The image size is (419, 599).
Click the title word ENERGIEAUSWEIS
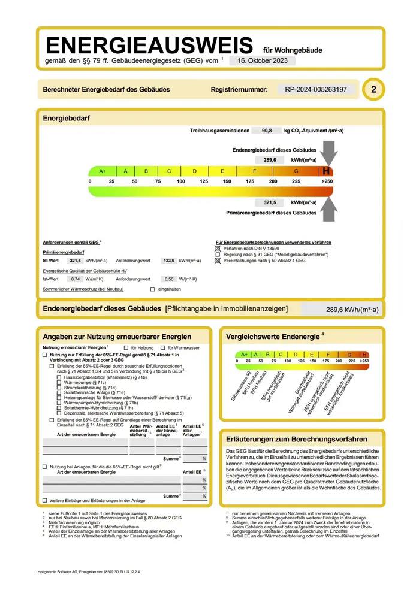point(150,46)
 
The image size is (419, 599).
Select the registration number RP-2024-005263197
point(312,90)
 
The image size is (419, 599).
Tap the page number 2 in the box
point(374,90)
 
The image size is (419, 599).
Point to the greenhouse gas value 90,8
point(267,131)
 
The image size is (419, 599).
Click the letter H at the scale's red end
point(327,171)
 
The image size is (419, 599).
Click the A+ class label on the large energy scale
point(103,171)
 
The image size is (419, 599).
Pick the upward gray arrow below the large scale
point(328,207)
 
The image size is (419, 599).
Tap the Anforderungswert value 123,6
point(168,261)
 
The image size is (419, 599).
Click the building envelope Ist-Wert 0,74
point(76,279)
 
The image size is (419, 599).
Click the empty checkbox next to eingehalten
point(153,289)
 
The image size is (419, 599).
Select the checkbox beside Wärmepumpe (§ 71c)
point(59,382)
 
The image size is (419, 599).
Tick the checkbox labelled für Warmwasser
point(162,347)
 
